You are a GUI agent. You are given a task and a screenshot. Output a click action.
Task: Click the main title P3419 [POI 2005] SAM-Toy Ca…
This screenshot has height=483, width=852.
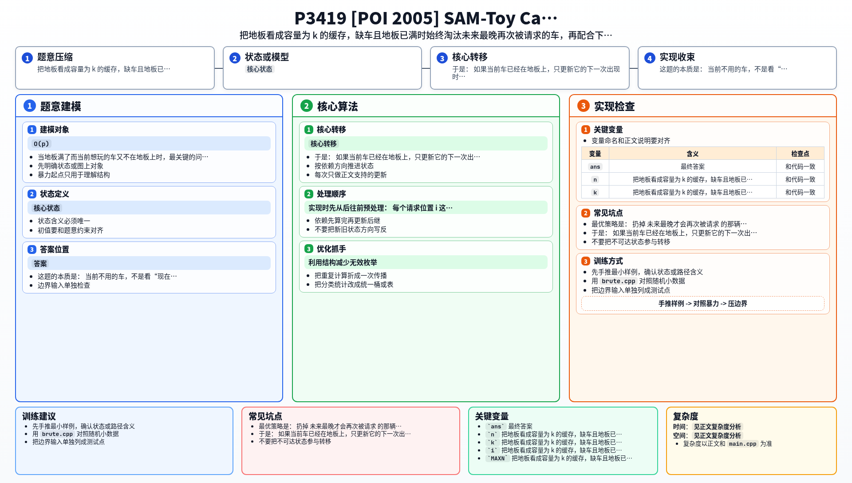pos(426,18)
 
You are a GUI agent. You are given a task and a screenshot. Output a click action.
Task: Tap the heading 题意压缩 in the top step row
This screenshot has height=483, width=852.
pos(55,57)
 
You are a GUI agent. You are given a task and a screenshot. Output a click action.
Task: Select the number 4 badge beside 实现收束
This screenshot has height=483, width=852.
pos(650,58)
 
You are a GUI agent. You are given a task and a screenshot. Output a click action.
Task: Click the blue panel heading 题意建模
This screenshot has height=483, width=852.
pos(61,107)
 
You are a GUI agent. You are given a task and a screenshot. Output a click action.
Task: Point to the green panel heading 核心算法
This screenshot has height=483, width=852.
pos(338,107)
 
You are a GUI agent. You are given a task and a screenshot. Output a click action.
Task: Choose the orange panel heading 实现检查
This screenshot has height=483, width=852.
pos(615,107)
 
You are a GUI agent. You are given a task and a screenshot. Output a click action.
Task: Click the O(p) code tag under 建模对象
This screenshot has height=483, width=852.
pos(41,144)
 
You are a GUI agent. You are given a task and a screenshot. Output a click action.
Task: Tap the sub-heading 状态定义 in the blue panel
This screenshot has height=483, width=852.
pos(55,194)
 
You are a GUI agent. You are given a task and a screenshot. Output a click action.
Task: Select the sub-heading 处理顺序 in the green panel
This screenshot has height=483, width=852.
pos(331,194)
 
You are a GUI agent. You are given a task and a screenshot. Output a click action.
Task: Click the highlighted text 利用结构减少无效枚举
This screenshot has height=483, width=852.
pos(343,263)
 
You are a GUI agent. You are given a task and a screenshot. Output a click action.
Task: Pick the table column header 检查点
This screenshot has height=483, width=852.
pos(800,154)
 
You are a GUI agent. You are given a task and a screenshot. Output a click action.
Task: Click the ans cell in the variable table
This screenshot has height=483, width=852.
pos(595,167)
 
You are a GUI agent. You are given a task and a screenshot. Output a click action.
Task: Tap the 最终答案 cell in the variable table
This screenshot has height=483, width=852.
pos(693,166)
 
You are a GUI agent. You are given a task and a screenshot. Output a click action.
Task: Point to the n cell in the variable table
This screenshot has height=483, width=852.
pos(595,180)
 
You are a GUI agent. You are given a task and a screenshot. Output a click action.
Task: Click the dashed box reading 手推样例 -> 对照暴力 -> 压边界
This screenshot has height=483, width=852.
pos(703,304)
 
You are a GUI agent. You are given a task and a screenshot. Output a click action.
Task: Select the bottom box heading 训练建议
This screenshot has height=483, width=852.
pos(39,416)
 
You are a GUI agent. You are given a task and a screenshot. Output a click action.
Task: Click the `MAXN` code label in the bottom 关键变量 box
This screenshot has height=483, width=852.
pos(497,459)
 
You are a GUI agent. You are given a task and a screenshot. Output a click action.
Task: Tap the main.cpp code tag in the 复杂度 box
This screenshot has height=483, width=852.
pos(742,444)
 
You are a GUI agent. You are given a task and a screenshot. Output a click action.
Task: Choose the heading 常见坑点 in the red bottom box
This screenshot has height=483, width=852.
pos(265,416)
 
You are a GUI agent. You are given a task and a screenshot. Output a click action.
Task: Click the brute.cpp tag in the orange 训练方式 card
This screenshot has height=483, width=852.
pos(619,281)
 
